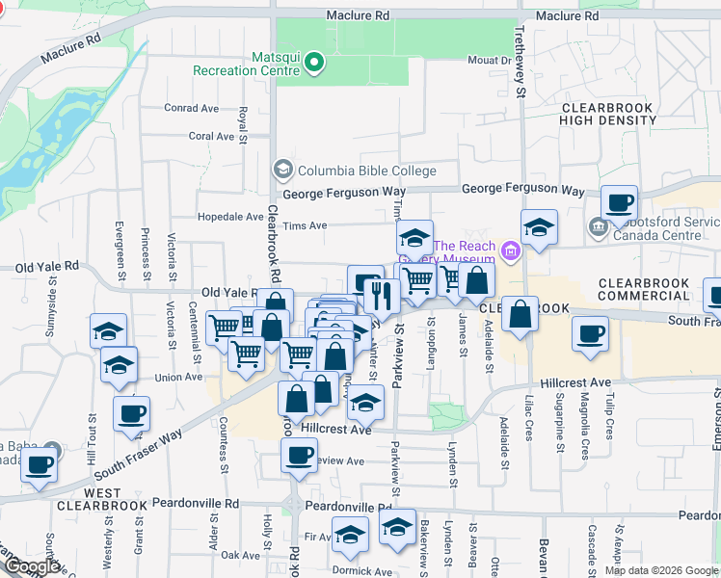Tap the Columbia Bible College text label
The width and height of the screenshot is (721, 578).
(x=366, y=171)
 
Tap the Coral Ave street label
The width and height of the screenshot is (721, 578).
(x=212, y=136)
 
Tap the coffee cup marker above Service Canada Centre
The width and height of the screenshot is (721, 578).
(x=619, y=202)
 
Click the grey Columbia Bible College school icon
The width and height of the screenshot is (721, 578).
(x=282, y=171)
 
